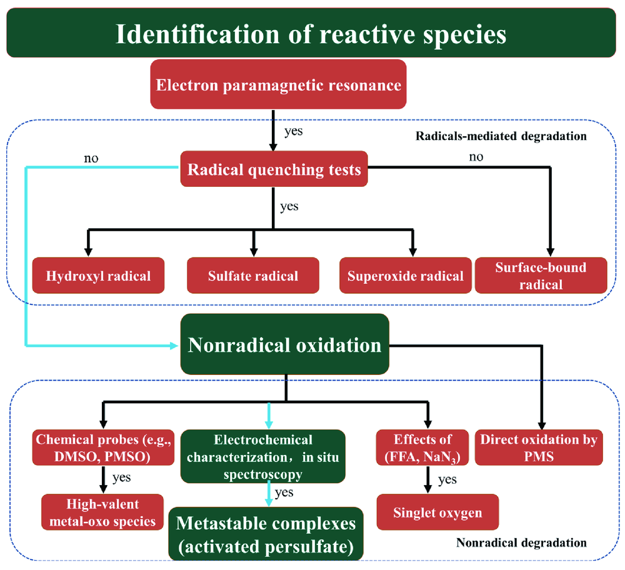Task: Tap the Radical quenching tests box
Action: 274,169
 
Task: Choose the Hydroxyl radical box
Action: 98,276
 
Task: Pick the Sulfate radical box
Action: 253,276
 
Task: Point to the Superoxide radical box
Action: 406,276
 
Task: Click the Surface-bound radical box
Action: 541,276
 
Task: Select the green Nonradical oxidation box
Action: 285,345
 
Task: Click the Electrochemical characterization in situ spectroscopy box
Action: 262,457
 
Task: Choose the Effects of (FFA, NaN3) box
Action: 422,447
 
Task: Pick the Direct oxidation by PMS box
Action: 539,447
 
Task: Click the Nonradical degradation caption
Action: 521,542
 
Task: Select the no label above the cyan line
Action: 92,158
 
